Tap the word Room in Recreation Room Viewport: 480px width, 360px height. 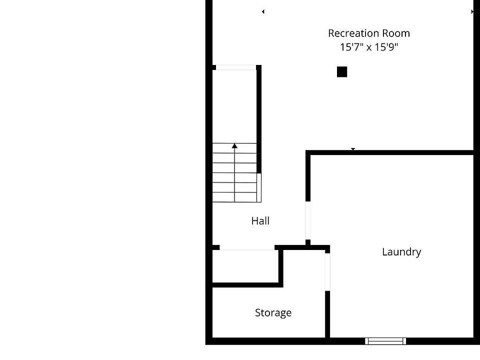pyautogui.click(x=396, y=33)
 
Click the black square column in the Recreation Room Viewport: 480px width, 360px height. pyautogui.click(x=342, y=72)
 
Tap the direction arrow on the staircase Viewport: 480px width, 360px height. pyautogui.click(x=234, y=146)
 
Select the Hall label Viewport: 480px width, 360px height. pyautogui.click(x=260, y=220)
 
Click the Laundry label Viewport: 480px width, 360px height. pyautogui.click(x=401, y=251)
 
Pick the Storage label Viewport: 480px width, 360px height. pyautogui.click(x=273, y=313)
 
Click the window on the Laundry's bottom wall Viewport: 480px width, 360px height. pyautogui.click(x=385, y=341)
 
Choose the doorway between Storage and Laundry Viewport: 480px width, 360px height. pyautogui.click(x=327, y=272)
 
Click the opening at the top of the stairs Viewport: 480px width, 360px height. pyautogui.click(x=235, y=67)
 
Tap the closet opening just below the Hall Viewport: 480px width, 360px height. pyautogui.click(x=247, y=247)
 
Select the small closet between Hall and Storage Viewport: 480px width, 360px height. pyautogui.click(x=245, y=266)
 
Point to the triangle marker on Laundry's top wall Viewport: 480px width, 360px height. pyautogui.click(x=353, y=149)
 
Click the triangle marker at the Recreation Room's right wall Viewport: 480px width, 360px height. pyautogui.click(x=472, y=11)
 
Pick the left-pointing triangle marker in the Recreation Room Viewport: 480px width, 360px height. pyautogui.click(x=263, y=11)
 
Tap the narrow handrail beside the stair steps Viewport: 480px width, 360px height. pyautogui.click(x=259, y=187)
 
